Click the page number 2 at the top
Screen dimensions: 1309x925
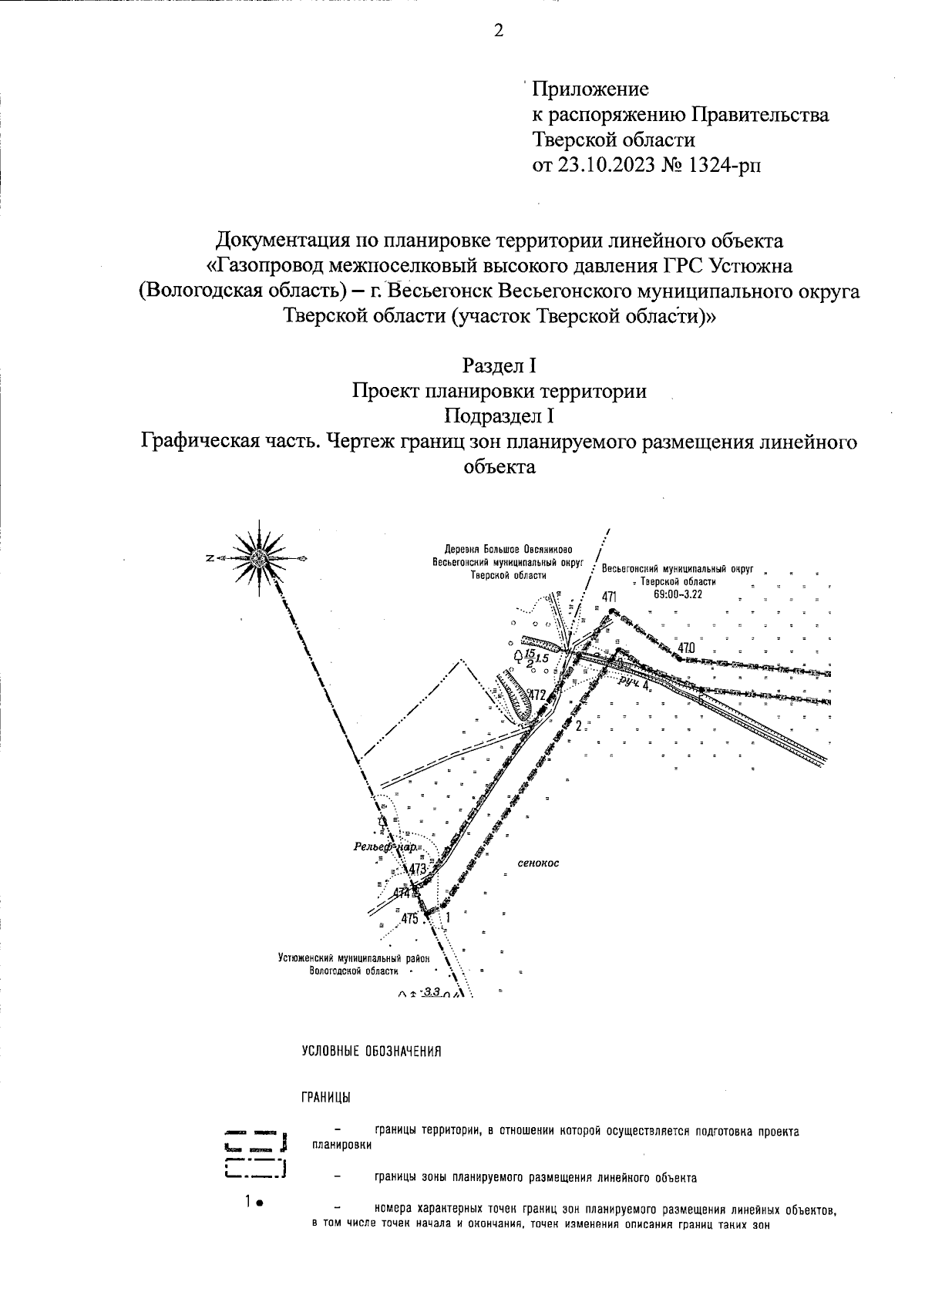coord(498,32)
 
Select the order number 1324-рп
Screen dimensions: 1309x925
coord(724,164)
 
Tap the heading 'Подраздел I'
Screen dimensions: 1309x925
coord(498,416)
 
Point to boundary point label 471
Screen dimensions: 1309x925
coord(610,597)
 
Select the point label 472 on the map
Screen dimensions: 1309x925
coord(536,695)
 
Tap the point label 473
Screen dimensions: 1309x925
coord(418,869)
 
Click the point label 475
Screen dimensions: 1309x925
coord(409,919)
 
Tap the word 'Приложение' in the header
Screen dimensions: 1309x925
coord(591,90)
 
